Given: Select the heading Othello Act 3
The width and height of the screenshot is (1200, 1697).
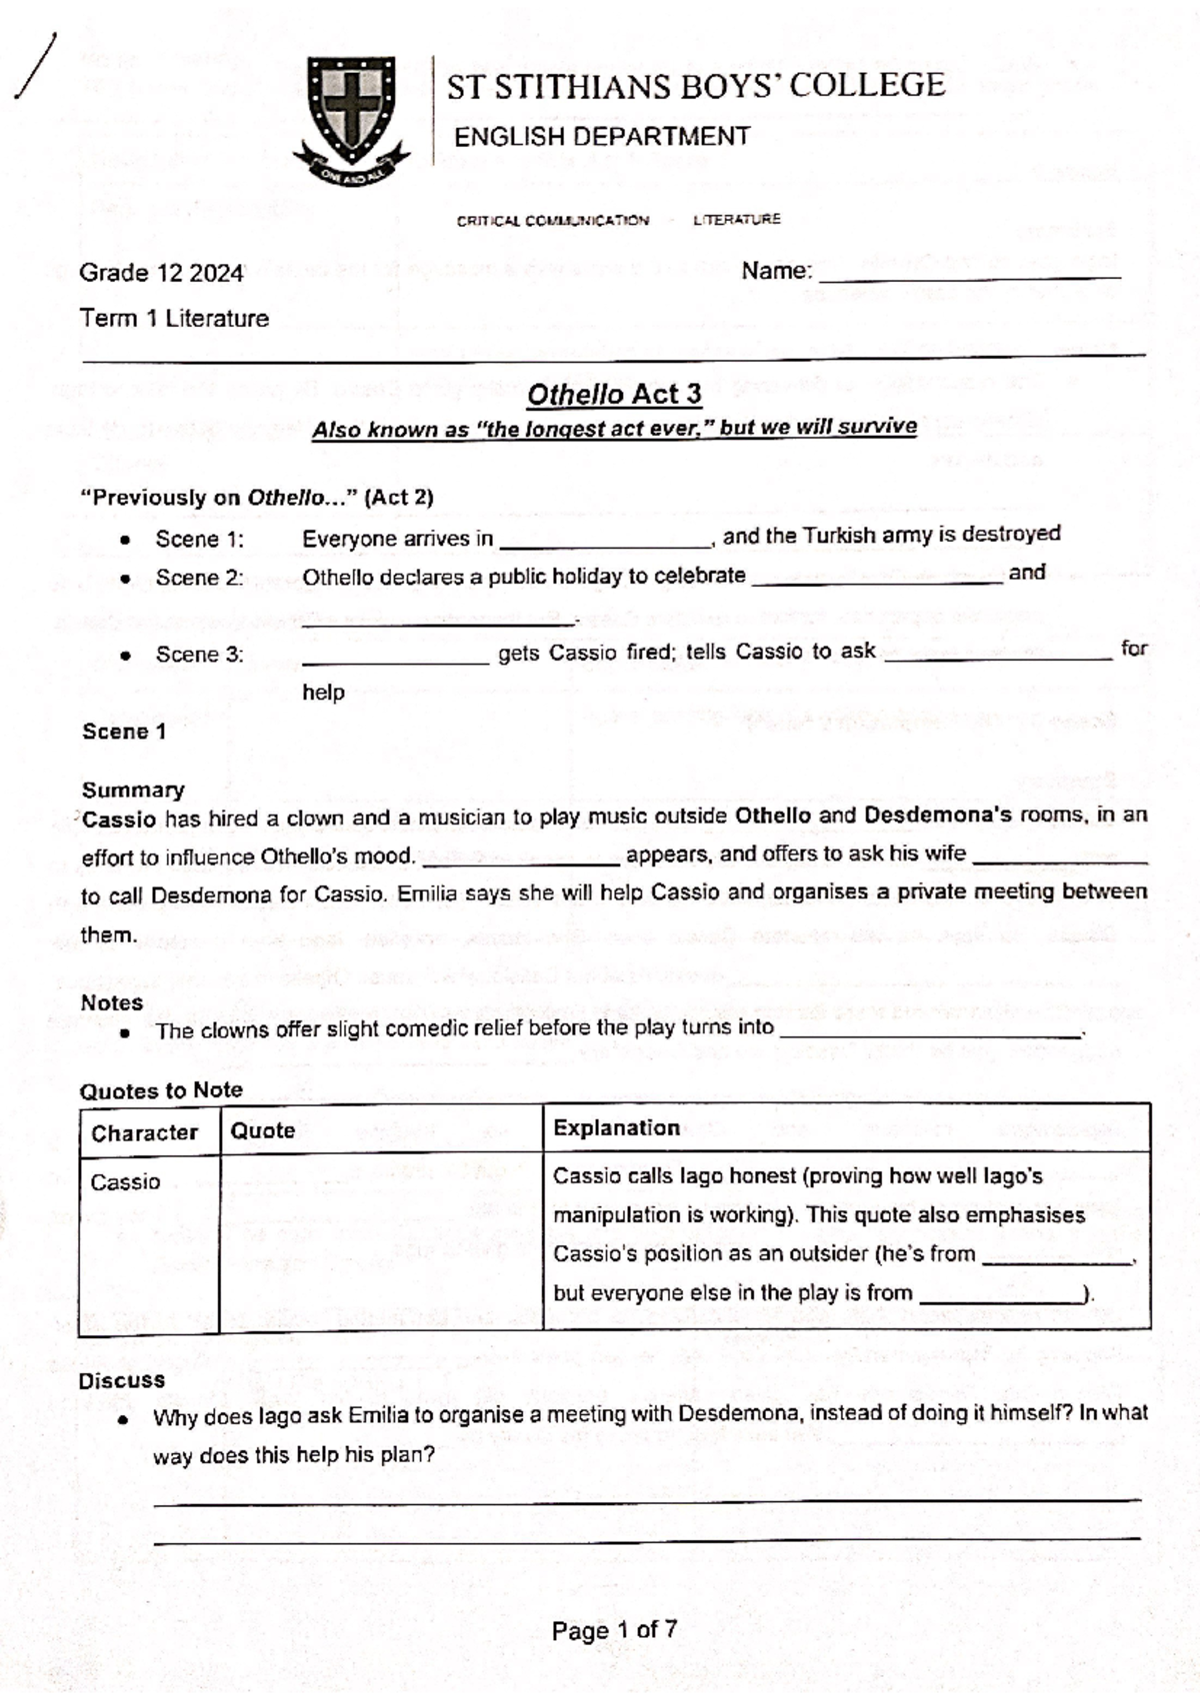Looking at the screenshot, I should point(614,395).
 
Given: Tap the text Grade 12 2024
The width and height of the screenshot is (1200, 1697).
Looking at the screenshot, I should point(161,273).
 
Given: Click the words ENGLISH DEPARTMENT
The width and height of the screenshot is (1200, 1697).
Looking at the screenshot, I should point(602,137).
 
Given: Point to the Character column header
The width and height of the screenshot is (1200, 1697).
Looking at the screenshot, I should point(144,1132).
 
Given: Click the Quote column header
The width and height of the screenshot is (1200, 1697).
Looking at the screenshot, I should point(263,1130).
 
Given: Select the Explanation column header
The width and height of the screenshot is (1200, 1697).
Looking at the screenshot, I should point(616,1128).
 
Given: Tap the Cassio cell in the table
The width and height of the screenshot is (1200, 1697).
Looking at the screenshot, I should point(125,1182).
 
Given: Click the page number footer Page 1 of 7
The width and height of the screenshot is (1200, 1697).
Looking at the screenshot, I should point(614,1630).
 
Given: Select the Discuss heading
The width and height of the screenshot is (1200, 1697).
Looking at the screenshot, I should point(122,1380).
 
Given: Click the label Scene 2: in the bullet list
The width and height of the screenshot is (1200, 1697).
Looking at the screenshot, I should point(199,578).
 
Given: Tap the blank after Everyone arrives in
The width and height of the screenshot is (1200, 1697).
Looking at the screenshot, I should point(604,543).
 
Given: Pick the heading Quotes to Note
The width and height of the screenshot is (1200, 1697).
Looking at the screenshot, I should point(161,1090).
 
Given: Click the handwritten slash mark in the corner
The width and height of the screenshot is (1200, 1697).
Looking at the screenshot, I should point(36,66).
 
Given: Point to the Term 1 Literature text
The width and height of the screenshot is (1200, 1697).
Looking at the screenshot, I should point(174,319).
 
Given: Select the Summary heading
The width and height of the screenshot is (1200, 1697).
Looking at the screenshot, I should point(133,791).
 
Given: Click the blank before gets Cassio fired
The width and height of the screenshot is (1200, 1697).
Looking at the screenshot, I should point(396,659).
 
